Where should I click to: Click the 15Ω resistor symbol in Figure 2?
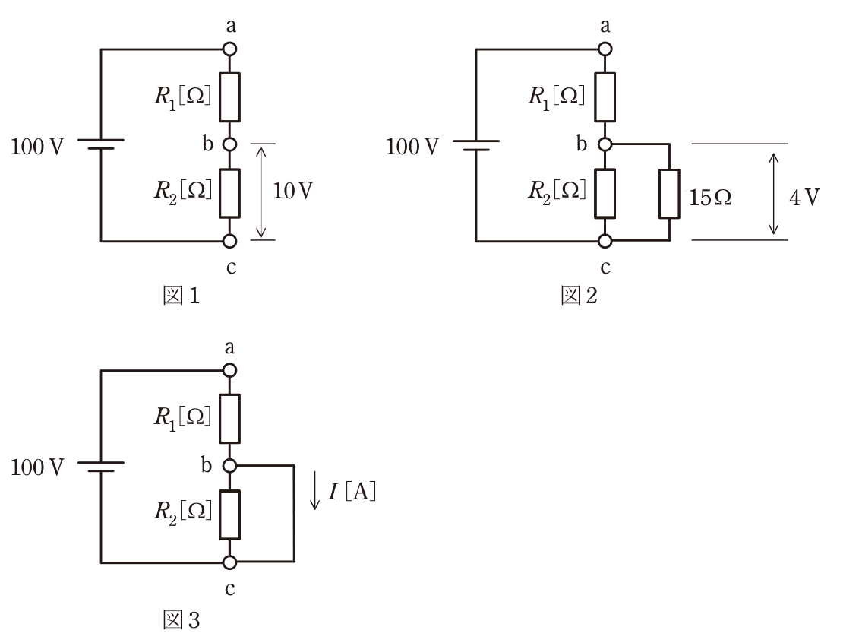point(669,194)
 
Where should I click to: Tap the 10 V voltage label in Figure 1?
point(293,191)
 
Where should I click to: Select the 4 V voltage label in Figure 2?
point(804,198)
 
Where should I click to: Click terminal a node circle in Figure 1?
point(230,49)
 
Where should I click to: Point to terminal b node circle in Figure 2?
point(605,144)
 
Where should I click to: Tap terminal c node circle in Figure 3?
point(230,562)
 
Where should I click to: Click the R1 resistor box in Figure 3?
point(230,418)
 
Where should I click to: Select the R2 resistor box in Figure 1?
point(230,194)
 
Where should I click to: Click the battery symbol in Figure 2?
point(476,145)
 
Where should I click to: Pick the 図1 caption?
point(182,296)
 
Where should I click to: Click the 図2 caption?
point(579,296)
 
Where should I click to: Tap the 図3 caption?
point(182,620)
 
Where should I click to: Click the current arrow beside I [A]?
point(315,490)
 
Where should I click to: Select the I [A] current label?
point(352,491)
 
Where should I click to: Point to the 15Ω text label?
point(710,198)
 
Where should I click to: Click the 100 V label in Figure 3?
point(37,467)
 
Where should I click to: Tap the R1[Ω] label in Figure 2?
point(557,97)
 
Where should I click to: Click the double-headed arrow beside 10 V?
point(261,192)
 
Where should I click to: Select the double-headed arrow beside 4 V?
point(773,194)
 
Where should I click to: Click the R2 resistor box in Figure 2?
point(605,194)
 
